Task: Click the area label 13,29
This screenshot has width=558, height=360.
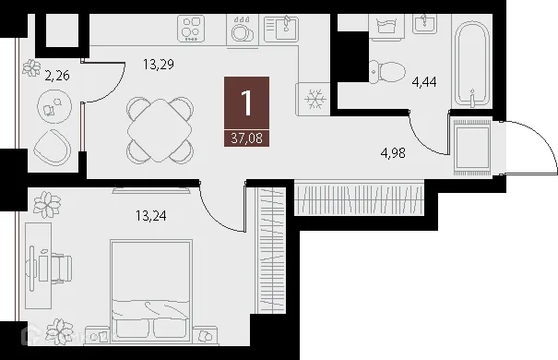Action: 158,66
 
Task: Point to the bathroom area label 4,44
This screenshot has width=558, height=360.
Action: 425,82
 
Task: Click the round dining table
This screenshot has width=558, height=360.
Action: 161,129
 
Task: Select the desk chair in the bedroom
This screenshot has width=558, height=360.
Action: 60,267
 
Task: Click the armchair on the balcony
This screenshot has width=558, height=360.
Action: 52,146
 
